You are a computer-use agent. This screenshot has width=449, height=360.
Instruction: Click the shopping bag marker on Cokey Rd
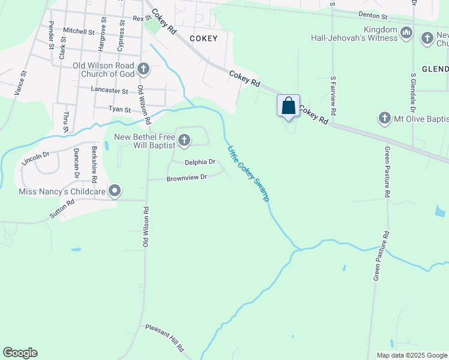289,106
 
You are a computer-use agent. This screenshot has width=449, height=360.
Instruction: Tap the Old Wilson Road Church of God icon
143,70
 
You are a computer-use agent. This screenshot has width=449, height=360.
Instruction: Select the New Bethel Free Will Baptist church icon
184,142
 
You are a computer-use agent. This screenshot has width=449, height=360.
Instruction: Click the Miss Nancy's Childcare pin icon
115,192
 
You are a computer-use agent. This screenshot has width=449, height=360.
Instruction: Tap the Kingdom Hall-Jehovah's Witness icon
406,32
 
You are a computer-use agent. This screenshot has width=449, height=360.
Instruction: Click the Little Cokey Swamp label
247,173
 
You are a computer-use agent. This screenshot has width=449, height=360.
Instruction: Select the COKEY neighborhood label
202,38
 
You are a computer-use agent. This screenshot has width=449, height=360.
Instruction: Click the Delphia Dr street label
199,162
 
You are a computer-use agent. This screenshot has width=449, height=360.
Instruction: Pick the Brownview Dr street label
186,177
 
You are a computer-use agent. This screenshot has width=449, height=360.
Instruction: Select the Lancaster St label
109,91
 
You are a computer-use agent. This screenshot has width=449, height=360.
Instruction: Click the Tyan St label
119,109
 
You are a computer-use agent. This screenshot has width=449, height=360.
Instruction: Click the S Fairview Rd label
333,99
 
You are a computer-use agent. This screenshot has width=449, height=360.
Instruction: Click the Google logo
20,353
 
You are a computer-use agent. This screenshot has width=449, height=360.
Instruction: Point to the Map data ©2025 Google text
411,355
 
